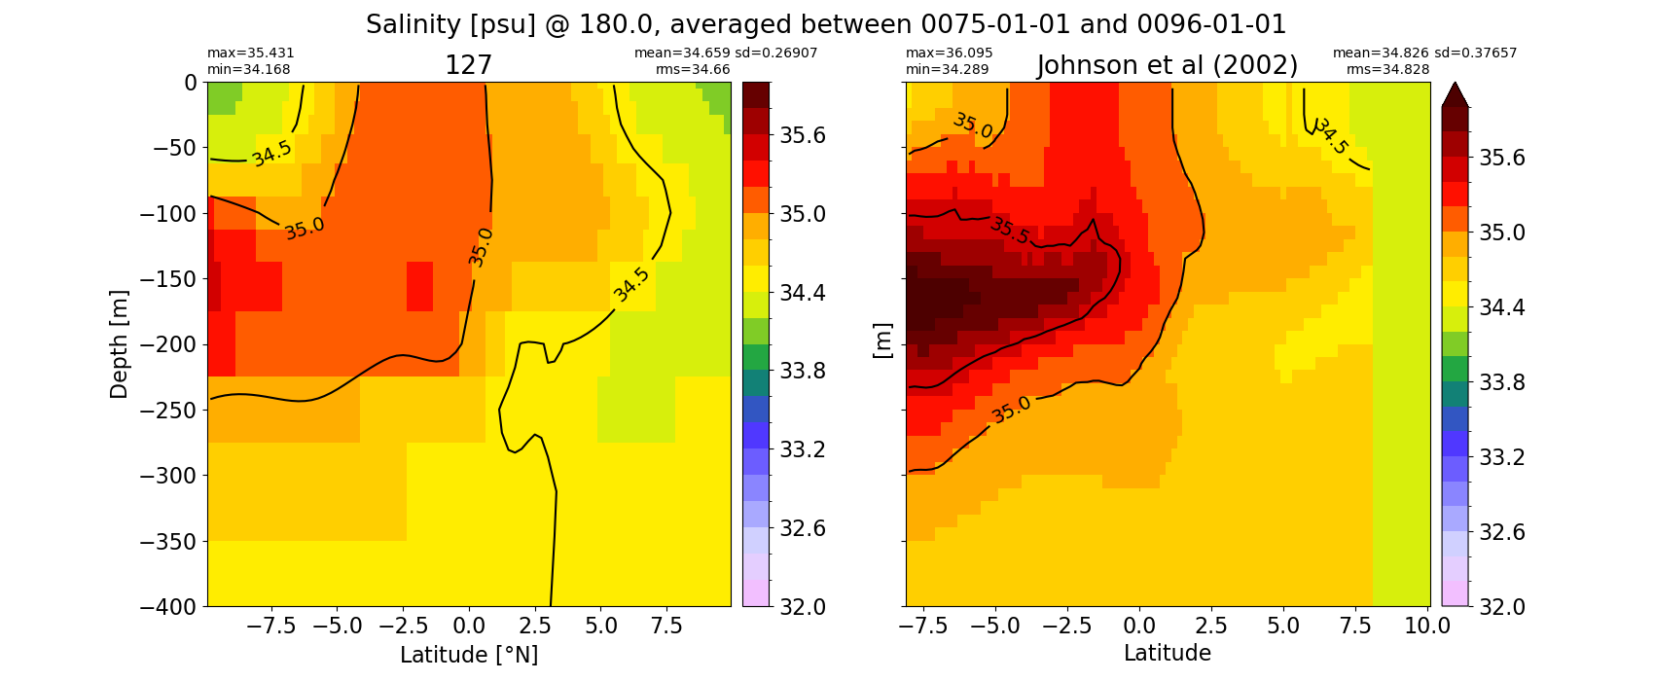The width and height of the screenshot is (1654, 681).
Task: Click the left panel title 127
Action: (468, 65)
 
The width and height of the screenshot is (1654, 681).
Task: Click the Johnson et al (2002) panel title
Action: (1168, 65)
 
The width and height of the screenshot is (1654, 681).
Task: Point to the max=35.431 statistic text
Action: (250, 53)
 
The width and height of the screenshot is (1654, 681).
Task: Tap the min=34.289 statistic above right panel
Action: (947, 69)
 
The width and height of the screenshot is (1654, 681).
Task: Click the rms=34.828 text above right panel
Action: (1388, 69)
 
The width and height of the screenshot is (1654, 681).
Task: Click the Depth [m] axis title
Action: (118, 344)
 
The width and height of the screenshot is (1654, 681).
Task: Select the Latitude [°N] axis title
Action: (469, 655)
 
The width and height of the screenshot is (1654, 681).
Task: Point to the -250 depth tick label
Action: (169, 410)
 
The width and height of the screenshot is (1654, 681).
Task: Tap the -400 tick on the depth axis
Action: (169, 606)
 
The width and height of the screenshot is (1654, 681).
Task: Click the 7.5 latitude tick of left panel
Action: (666, 627)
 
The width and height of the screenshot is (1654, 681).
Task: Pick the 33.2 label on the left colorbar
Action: (804, 449)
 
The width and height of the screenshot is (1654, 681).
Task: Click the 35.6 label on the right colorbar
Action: (1502, 158)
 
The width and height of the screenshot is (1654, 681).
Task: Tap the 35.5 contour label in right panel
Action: (1009, 231)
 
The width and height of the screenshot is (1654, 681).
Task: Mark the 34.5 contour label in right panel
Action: (1331, 136)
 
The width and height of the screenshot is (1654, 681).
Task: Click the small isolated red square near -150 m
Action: (419, 287)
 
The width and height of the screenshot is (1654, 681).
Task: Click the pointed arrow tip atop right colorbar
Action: (1455, 83)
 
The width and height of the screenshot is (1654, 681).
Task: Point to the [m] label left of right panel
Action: (882, 341)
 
